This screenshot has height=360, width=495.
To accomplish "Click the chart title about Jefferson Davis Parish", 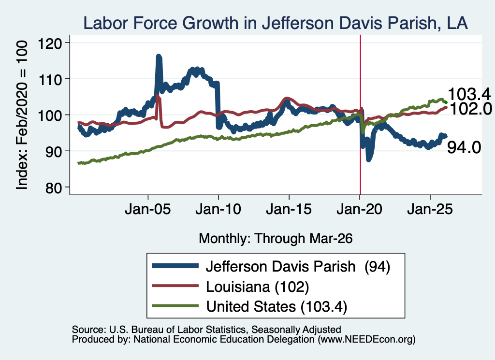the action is [275, 23].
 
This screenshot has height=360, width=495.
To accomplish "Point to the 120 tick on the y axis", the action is [50, 43].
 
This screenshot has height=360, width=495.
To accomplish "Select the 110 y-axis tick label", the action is [50, 79].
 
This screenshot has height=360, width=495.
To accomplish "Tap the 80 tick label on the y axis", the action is [53, 187].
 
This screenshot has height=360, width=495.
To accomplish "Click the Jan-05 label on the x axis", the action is [148, 209].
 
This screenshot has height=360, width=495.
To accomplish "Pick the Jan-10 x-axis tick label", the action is [218, 209].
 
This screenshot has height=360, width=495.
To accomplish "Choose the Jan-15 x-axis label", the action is [289, 209].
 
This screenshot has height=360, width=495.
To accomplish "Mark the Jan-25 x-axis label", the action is [430, 209].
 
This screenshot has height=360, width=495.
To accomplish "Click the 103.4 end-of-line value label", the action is [469, 94].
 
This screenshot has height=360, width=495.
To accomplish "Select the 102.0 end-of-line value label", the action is [471, 109].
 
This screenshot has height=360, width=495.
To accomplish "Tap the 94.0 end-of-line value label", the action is [464, 147].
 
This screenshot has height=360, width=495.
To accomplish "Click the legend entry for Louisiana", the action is [231, 287].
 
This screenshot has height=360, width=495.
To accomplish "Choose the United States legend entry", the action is [250, 306].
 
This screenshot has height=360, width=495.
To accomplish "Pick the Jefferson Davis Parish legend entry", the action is [271, 267].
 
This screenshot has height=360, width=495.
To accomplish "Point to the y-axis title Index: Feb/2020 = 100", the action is [22, 115].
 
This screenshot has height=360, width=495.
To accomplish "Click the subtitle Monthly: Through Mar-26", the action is [276, 239].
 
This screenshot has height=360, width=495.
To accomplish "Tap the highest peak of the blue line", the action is [159, 57].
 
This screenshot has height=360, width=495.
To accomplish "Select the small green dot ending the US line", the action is [446, 102].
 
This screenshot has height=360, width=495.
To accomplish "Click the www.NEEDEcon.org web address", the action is [366, 340].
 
